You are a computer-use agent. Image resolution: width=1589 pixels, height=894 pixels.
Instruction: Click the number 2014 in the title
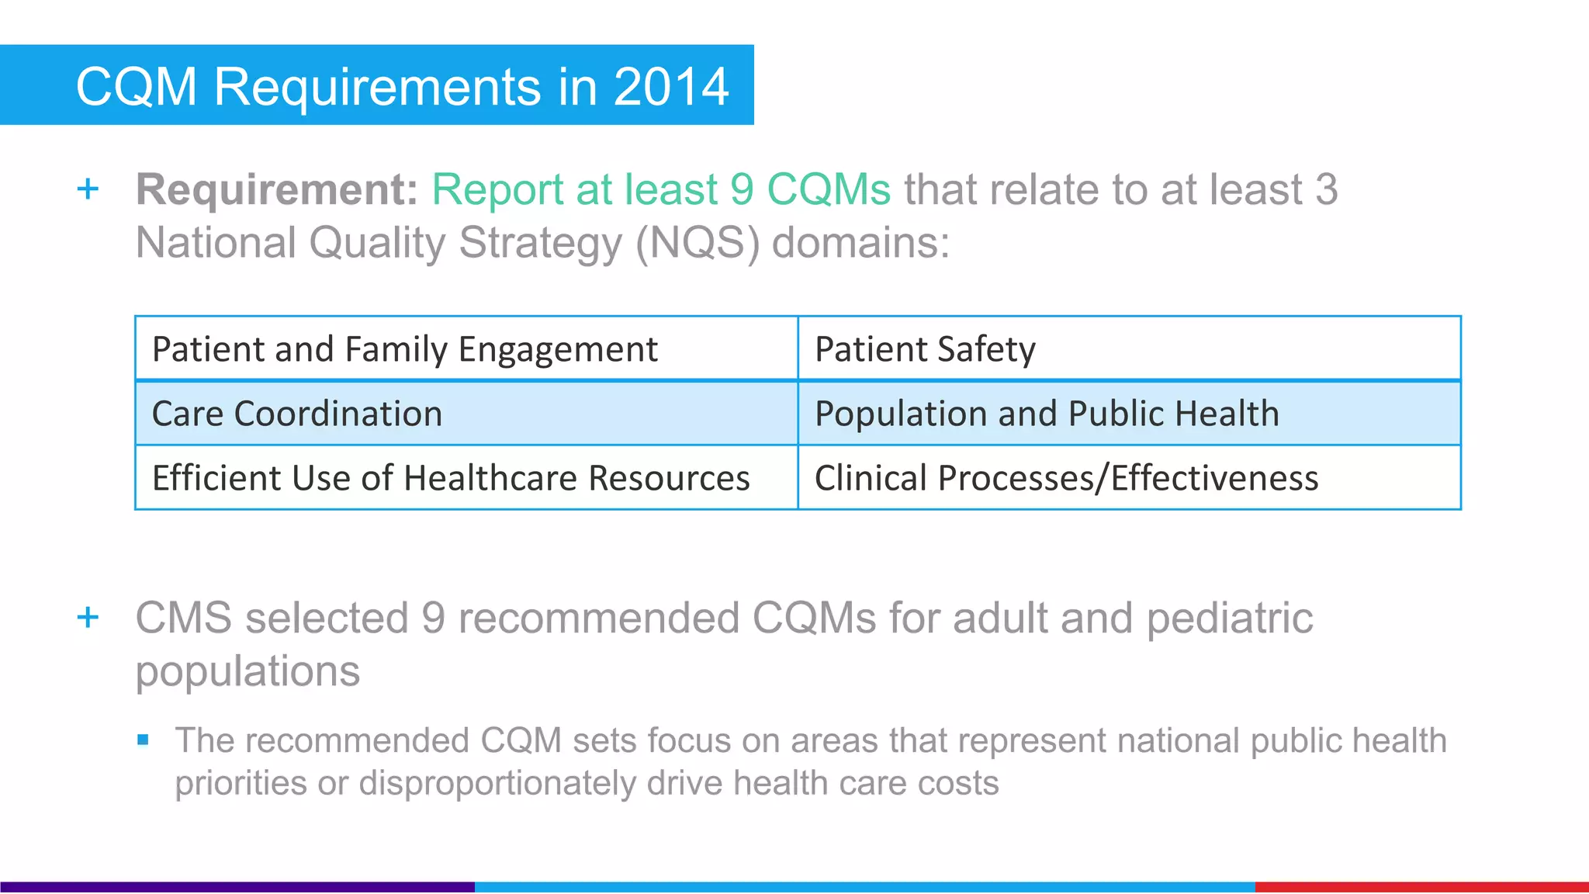(671, 86)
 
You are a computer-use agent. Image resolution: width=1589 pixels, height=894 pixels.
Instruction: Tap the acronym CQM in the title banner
(137, 86)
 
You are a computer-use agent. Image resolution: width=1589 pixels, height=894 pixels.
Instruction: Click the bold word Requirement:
(277, 189)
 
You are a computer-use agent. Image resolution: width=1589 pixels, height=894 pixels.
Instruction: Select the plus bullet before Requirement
(88, 189)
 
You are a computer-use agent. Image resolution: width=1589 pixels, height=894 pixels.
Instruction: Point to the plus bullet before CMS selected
(88, 618)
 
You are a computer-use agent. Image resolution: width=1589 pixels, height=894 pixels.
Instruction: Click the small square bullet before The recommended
(143, 740)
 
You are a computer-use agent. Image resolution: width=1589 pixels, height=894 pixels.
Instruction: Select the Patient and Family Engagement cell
(466, 348)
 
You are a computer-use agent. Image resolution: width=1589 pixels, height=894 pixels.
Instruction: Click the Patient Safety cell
(1129, 348)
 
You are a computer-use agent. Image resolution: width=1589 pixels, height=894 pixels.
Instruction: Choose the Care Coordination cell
(466, 413)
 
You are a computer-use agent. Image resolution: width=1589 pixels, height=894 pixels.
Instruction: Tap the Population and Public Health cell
(1129, 413)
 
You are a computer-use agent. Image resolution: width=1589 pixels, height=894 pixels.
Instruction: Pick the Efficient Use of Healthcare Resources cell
(466, 477)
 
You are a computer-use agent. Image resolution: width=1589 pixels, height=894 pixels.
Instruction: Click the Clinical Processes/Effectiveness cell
(1129, 477)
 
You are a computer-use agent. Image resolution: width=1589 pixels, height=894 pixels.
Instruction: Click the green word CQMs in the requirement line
(829, 189)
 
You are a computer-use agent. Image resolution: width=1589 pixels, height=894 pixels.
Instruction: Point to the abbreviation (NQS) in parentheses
(697, 243)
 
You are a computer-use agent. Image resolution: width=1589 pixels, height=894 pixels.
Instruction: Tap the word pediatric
(1230, 619)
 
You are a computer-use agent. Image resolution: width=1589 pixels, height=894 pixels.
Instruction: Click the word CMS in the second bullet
(184, 619)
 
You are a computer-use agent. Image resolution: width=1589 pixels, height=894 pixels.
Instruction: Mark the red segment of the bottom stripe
(1421, 887)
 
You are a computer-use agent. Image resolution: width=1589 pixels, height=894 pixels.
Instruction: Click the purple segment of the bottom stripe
(237, 887)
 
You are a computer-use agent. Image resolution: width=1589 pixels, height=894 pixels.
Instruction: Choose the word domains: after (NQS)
(860, 243)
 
